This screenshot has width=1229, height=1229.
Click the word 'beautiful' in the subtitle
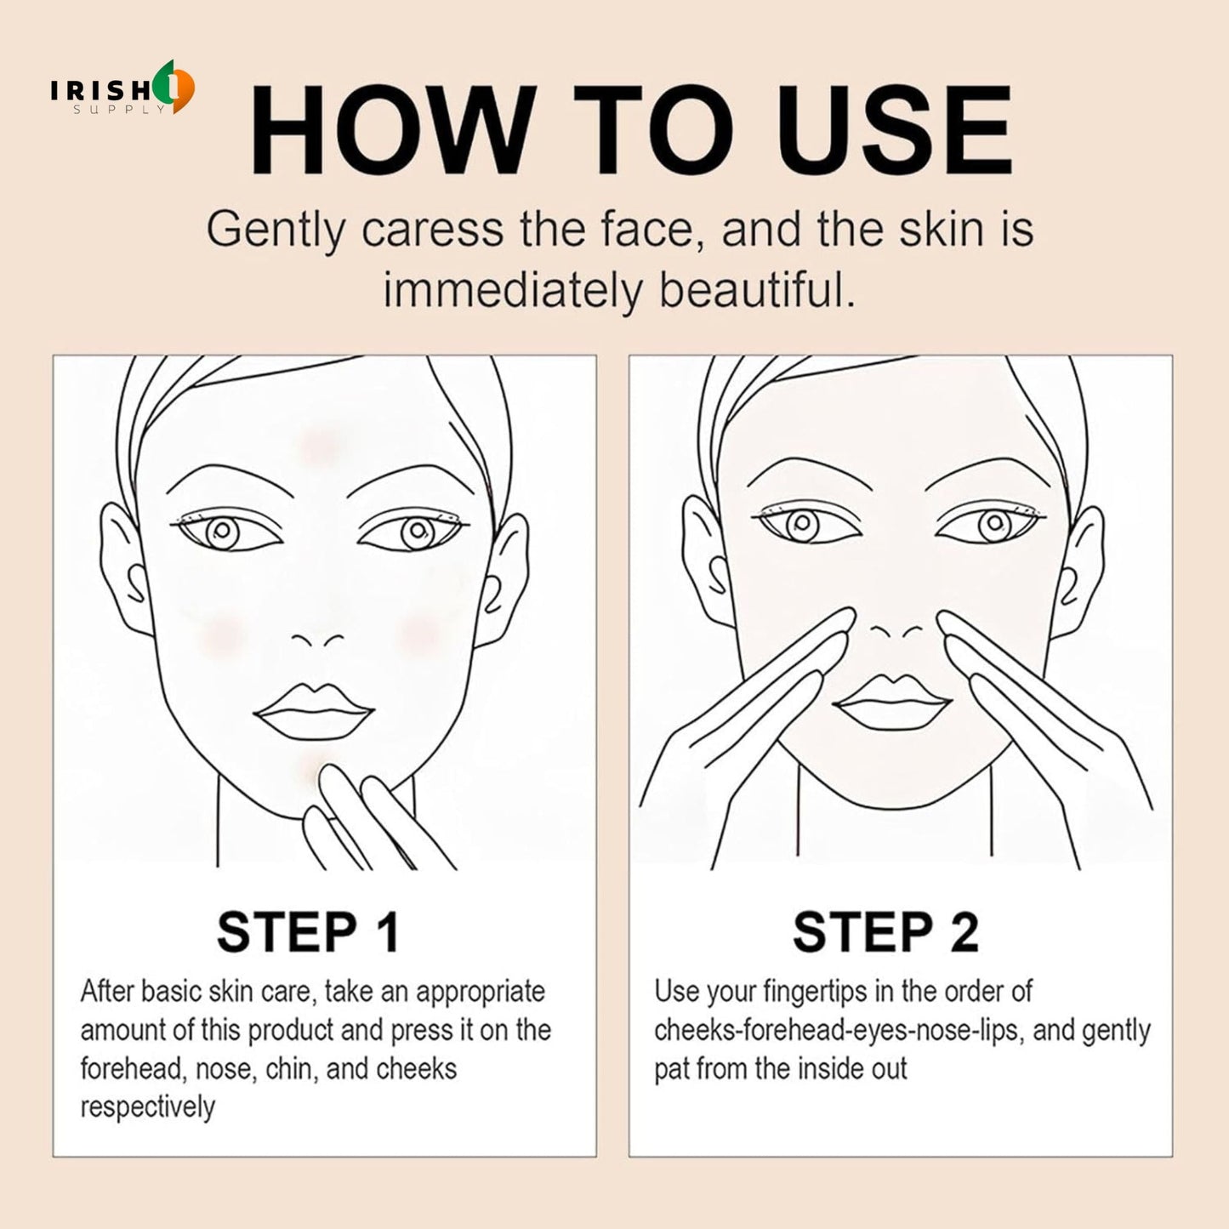coord(756,292)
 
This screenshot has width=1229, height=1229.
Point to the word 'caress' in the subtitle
coord(432,230)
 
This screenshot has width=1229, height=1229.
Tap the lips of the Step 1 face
coord(315,713)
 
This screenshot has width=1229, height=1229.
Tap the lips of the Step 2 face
coord(891,703)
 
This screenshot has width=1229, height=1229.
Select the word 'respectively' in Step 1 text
coord(148,1107)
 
